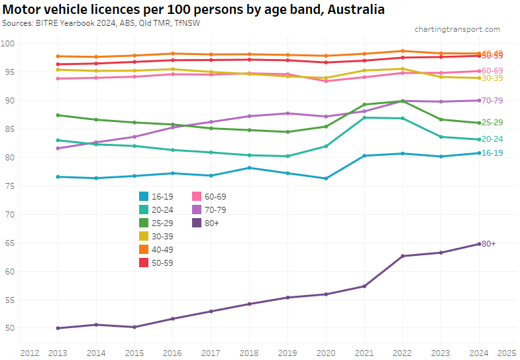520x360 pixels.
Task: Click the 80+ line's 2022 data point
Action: click(x=403, y=256)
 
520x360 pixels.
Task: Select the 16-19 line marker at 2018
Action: click(x=249, y=168)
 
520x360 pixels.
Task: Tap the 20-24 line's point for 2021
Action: click(x=364, y=117)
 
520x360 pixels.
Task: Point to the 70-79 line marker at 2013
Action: click(x=58, y=149)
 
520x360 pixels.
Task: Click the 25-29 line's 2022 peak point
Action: click(x=403, y=101)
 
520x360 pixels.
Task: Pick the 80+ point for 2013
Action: click(x=58, y=328)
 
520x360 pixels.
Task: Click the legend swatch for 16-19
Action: click(x=144, y=196)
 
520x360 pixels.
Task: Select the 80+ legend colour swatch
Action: click(x=197, y=223)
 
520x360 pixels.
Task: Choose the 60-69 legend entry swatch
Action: click(x=197, y=196)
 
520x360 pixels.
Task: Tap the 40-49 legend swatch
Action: click(x=144, y=249)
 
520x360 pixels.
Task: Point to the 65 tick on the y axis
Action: click(x=9, y=243)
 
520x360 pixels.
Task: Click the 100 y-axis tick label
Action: click(x=9, y=43)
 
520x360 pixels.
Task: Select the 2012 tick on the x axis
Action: click(x=29, y=352)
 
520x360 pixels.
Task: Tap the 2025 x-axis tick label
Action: click(x=507, y=352)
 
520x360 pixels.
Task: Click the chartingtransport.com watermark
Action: click(x=457, y=29)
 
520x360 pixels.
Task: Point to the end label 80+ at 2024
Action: click(x=489, y=244)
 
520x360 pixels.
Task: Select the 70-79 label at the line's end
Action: click(x=492, y=101)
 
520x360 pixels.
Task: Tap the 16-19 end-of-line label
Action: click(x=492, y=153)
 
